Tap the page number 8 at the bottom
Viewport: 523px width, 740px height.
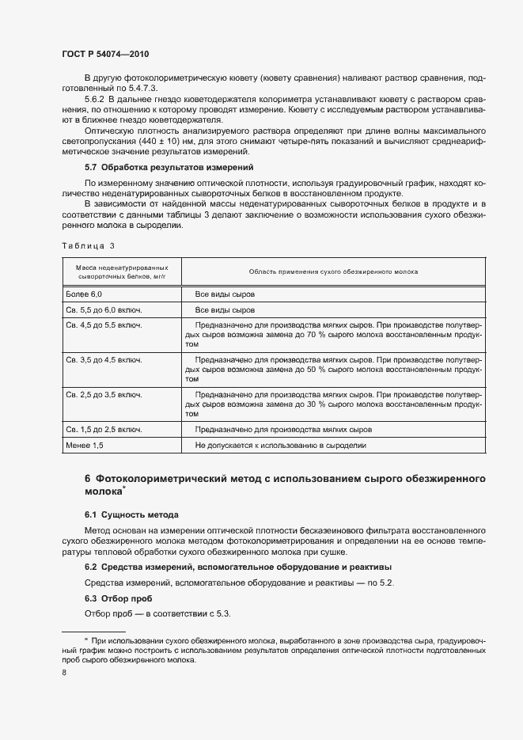(64, 673)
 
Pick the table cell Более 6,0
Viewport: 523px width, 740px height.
(85, 294)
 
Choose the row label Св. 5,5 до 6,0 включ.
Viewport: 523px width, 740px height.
(104, 310)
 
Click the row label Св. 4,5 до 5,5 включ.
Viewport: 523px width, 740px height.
(104, 326)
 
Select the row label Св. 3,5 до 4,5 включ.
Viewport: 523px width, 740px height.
(104, 360)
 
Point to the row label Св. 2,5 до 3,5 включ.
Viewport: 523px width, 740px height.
(104, 394)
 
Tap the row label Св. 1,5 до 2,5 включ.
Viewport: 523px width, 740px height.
(104, 429)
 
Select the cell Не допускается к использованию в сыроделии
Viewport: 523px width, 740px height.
(280, 446)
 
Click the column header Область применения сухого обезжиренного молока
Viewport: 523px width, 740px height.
(333, 271)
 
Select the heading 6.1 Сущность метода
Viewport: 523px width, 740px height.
(131, 514)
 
